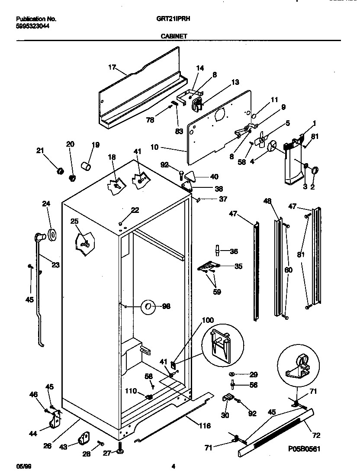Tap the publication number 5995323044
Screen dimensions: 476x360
tap(32, 26)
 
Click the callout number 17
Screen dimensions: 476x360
tap(112, 67)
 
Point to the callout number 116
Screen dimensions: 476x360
tap(204, 426)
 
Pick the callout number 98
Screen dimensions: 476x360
tap(166, 306)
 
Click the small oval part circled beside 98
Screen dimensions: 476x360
tap(148, 306)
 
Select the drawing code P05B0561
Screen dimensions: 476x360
tap(304, 449)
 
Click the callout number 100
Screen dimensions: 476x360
tap(208, 320)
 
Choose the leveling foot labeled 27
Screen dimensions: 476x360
tap(119, 452)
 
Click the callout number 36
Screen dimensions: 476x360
tap(234, 251)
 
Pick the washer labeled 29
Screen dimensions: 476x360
tap(232, 374)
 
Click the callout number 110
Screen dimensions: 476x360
tap(132, 392)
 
